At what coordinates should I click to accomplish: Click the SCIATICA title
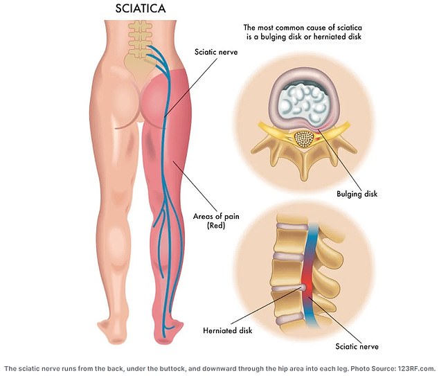point(141,8)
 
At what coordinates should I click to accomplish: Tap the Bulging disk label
point(357,194)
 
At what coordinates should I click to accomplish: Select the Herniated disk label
point(228,330)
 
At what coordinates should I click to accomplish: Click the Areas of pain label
point(216,217)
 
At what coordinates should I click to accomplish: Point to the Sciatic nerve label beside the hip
point(216,52)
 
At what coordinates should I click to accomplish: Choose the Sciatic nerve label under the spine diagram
point(357,347)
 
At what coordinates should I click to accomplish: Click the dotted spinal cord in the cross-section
point(304,139)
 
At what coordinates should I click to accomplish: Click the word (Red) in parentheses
point(216,225)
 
